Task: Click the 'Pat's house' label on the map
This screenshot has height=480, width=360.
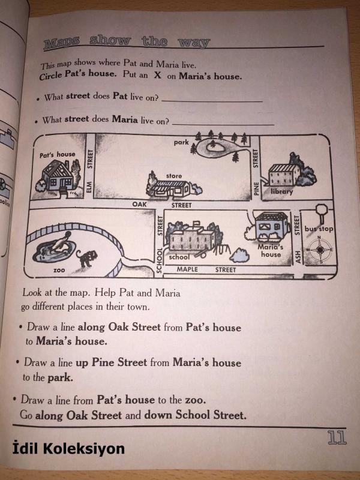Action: point(57,155)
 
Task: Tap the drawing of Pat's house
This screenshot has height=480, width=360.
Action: point(58,178)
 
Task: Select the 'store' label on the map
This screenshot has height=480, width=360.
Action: point(174,176)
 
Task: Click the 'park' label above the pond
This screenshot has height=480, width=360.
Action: point(181,142)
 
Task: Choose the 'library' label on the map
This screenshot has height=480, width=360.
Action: point(282,191)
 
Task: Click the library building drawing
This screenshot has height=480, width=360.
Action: point(283,175)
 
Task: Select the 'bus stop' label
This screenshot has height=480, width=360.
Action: point(319,229)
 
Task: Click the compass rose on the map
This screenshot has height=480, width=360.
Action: point(320,250)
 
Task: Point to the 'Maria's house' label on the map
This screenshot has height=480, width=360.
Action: point(271,250)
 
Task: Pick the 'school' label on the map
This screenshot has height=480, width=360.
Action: point(179,257)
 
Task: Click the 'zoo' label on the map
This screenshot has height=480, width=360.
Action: point(59,271)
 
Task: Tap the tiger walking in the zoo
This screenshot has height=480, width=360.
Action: point(86,258)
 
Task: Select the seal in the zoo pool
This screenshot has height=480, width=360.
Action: point(61,241)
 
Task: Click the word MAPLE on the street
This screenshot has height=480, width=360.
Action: point(187,269)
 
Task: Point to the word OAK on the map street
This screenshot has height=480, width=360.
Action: point(139,204)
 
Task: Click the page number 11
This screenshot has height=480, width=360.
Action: point(337,437)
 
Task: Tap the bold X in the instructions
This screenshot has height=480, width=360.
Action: point(157,75)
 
